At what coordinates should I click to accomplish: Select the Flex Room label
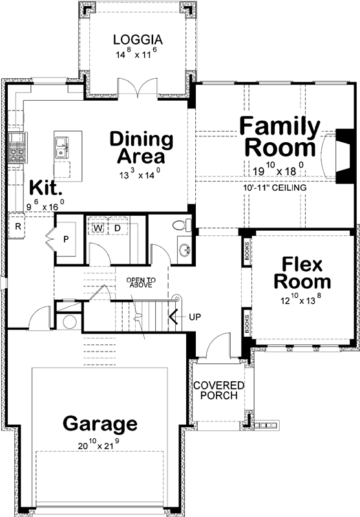coord(302,273)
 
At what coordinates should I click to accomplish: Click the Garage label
coord(100,424)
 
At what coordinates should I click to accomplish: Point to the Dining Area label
coord(141,147)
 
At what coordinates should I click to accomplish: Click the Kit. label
coord(46,188)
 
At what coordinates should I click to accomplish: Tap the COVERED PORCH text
coord(218,391)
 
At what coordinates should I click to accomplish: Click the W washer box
coord(99,228)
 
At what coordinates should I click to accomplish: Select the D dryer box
coord(118,228)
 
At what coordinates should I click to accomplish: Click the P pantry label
coord(66,239)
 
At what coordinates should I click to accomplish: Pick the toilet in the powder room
coord(182,226)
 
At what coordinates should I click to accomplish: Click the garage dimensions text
coord(100,446)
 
